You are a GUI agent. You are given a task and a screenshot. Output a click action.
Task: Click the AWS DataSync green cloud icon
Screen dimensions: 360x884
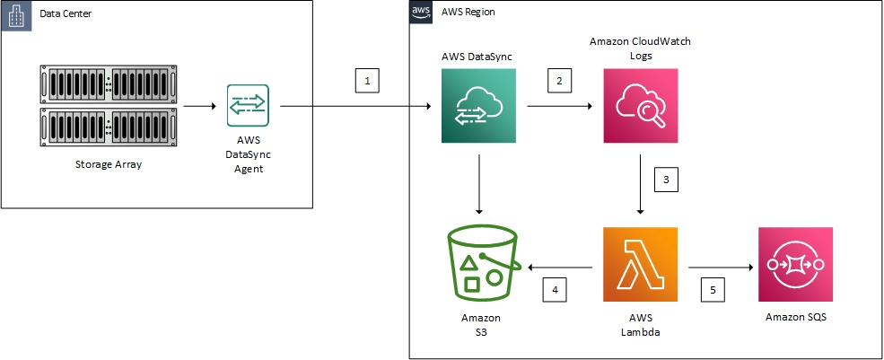(479, 106)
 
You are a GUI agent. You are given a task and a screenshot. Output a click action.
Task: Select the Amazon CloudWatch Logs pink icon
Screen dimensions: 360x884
(639, 106)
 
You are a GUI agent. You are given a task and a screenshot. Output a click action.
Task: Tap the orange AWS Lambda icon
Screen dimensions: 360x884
(639, 264)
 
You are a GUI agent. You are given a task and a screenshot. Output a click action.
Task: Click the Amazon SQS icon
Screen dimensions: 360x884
(795, 264)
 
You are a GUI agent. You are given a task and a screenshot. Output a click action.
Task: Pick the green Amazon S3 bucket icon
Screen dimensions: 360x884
(481, 262)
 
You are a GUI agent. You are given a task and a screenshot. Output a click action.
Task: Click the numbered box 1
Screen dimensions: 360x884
(366, 81)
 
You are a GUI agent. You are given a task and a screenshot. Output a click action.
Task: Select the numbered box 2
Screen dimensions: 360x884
(560, 81)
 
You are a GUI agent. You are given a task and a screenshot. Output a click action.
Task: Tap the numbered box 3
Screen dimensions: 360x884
(665, 180)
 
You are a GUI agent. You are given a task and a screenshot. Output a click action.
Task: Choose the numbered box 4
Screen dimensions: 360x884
(555, 291)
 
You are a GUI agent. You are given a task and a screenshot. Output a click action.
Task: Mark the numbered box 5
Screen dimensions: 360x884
(713, 291)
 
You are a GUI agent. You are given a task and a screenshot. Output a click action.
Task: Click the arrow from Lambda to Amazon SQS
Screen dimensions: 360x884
(720, 267)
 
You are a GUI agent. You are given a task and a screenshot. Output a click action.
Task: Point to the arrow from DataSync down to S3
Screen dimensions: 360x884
(479, 183)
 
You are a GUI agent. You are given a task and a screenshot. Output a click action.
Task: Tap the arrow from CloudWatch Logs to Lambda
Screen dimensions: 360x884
(639, 183)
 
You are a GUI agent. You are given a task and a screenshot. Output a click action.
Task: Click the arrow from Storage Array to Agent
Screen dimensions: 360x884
(197, 106)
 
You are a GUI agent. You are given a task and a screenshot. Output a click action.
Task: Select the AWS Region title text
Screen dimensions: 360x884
(468, 13)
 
